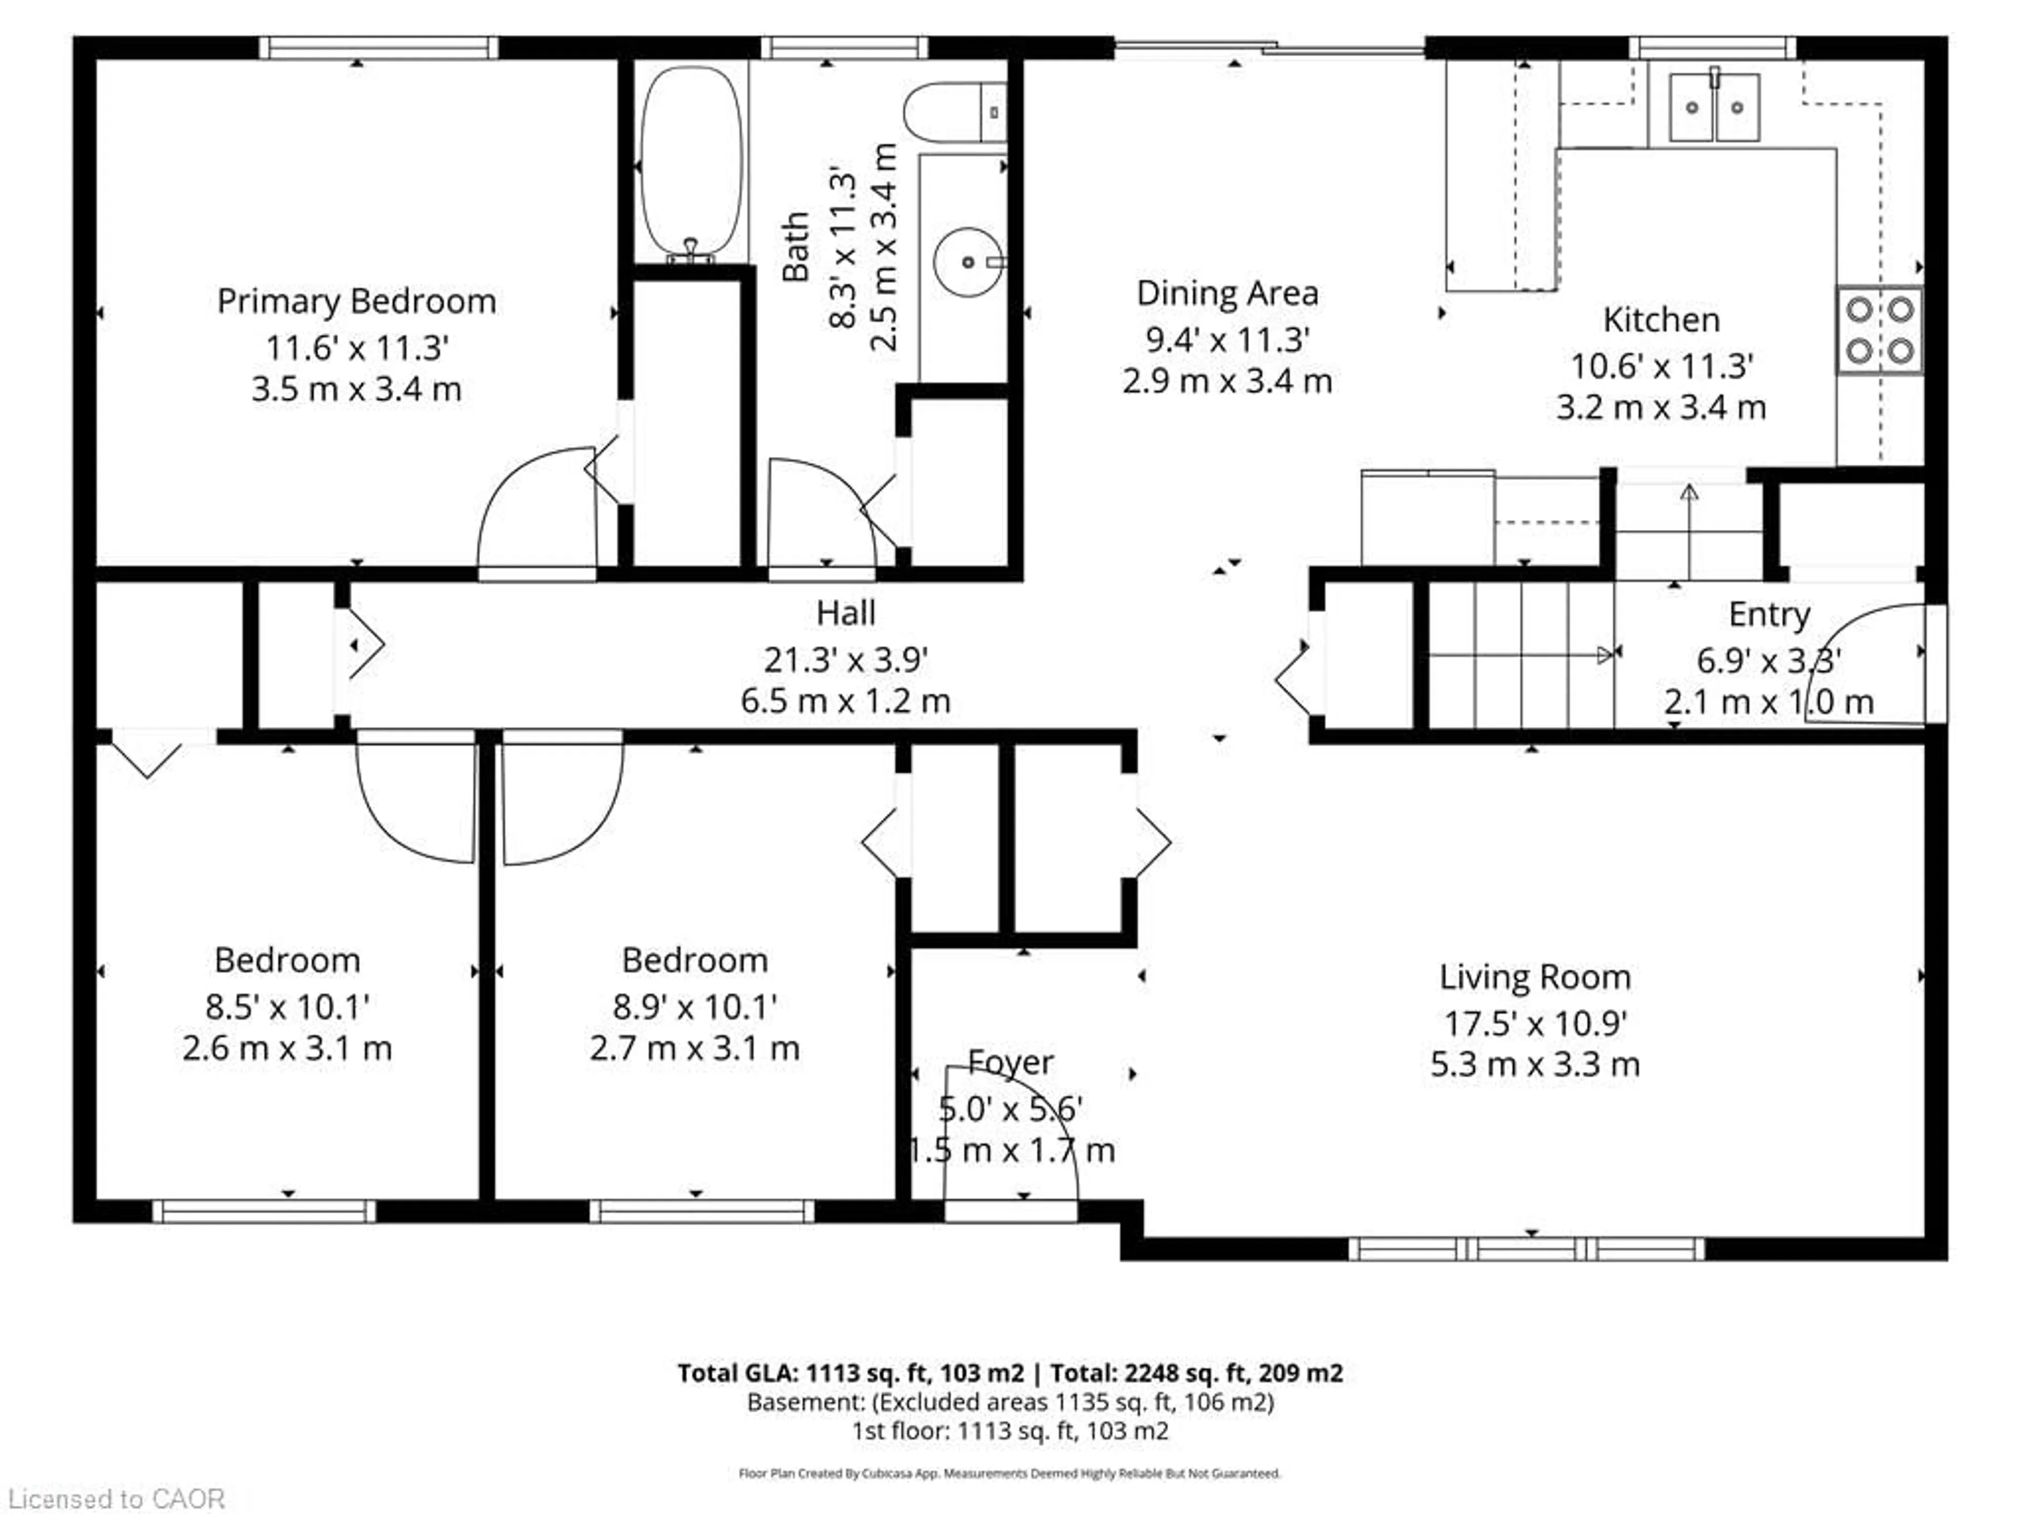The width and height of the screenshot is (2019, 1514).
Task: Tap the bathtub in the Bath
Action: [x=691, y=162]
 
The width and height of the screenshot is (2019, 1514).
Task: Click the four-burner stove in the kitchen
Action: [x=1879, y=330]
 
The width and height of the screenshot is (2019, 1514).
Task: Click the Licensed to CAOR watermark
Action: [x=116, y=1498]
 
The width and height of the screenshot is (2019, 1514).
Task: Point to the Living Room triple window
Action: [x=1526, y=1249]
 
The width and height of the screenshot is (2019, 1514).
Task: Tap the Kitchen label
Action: [x=1661, y=320]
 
